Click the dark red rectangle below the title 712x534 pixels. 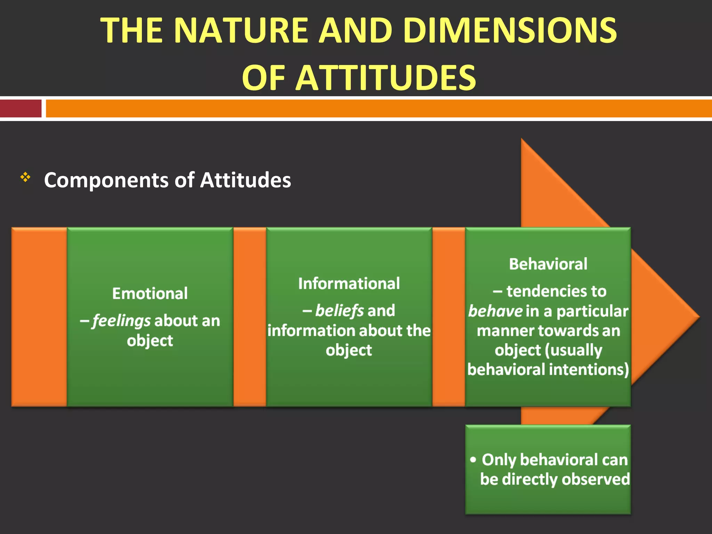(21, 108)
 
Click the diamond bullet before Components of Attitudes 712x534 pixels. (25, 178)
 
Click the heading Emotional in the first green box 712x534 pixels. (150, 294)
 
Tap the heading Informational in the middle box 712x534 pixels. (349, 284)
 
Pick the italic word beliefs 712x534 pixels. (339, 311)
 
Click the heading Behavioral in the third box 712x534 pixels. (548, 264)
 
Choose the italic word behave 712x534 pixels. (495, 311)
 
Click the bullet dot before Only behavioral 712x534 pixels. (473, 460)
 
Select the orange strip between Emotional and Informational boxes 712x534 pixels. (250, 317)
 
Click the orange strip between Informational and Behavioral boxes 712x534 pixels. (448, 317)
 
